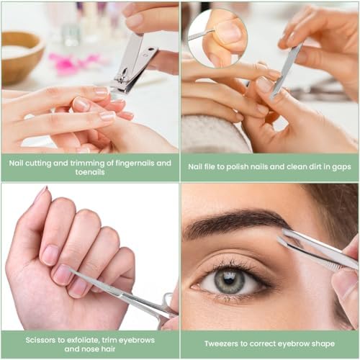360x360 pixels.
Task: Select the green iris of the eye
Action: (x=230, y=280)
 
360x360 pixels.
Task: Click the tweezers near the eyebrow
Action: (x=317, y=248)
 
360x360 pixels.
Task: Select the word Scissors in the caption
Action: (x=27, y=338)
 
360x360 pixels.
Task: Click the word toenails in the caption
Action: (x=90, y=173)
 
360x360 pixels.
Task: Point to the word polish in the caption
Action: (x=244, y=166)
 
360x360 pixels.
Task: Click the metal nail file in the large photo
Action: (x=288, y=68)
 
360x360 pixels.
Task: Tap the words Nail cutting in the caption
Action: (x=31, y=162)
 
